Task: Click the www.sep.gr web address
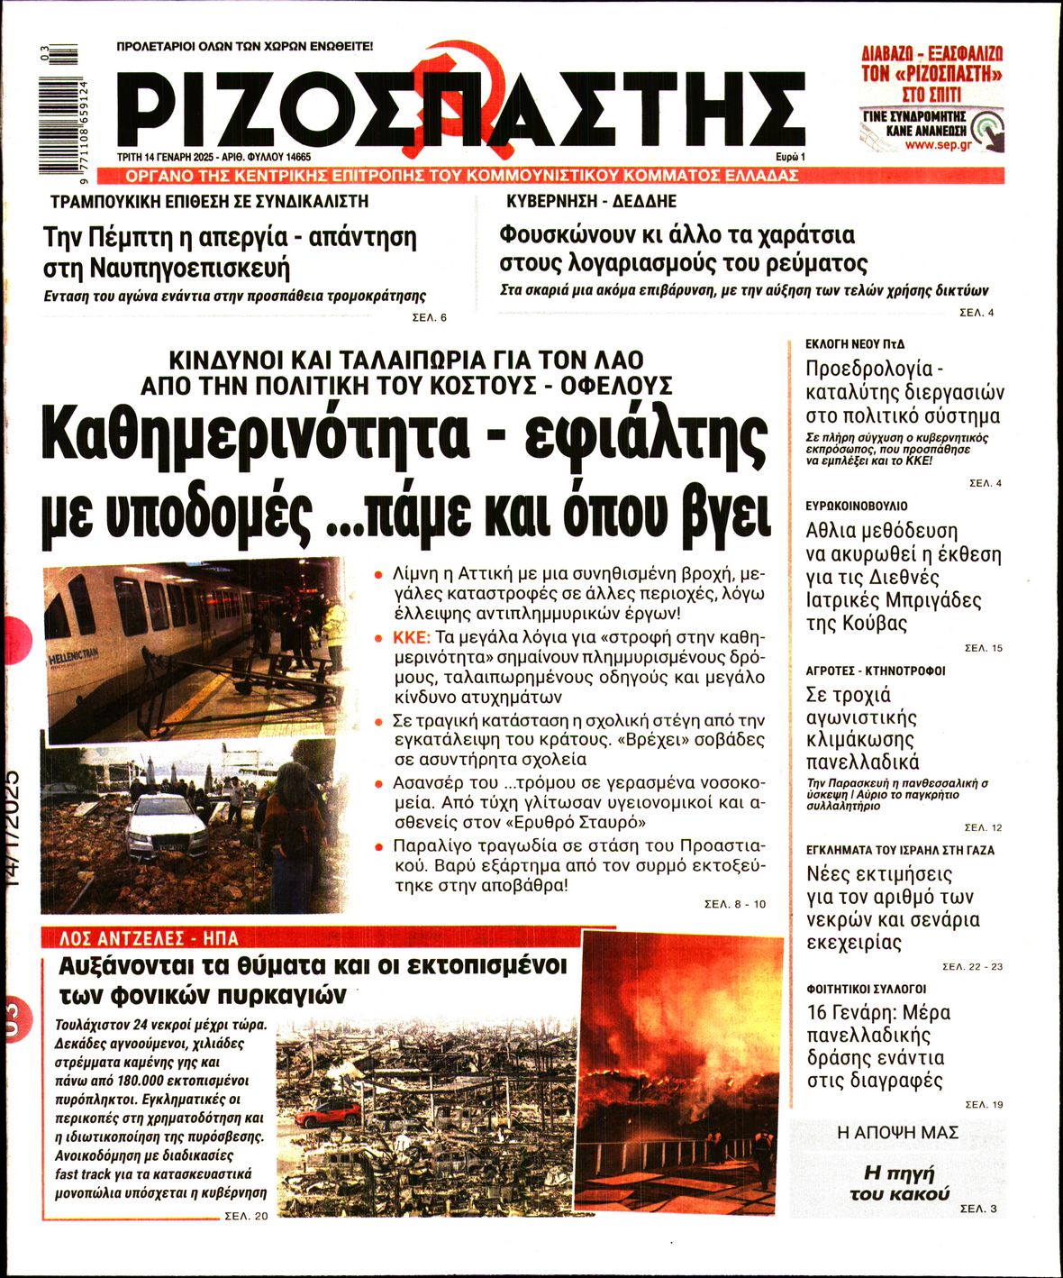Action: (x=938, y=144)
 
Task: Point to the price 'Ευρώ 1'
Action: (x=789, y=157)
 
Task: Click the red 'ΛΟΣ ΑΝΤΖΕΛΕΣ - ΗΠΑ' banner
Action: (x=149, y=938)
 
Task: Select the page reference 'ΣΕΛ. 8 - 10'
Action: (x=735, y=904)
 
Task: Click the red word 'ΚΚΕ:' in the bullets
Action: (x=413, y=637)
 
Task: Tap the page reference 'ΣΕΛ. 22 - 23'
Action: (x=972, y=966)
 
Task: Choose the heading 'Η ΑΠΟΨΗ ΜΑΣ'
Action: (x=897, y=1133)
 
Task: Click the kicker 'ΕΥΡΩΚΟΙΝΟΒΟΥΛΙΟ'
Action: (x=857, y=507)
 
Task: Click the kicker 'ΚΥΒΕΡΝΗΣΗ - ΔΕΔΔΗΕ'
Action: (x=591, y=201)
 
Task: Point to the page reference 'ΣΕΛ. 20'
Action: (x=246, y=1217)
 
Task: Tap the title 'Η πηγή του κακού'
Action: (x=899, y=1183)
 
